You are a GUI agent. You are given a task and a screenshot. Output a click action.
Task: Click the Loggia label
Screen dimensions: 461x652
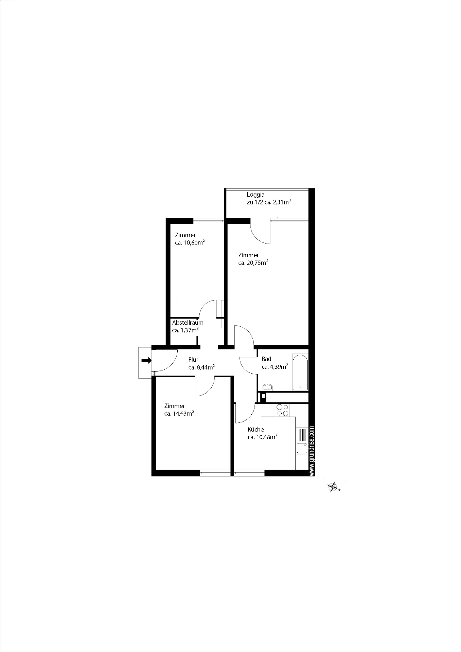(x=255, y=195)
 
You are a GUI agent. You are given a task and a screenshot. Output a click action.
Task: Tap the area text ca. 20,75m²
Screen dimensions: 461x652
(x=253, y=263)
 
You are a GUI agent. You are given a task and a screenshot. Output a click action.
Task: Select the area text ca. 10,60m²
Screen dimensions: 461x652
(x=190, y=243)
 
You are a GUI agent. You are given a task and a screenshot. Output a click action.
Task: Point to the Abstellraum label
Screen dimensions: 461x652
(x=188, y=323)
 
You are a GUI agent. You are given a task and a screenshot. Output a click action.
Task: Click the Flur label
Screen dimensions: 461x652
(x=193, y=360)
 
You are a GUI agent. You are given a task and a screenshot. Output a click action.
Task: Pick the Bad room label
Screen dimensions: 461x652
(x=266, y=359)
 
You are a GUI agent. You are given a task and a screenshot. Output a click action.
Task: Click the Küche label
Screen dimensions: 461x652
(x=256, y=430)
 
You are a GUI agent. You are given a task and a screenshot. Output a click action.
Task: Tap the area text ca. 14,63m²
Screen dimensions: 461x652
(x=179, y=414)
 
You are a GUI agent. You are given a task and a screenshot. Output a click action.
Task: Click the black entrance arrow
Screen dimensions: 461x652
(x=146, y=360)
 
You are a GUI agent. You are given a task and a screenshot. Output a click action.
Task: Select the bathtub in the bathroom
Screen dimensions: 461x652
(x=300, y=373)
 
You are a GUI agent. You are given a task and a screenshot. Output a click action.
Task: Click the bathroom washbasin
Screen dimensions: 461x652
(x=268, y=387)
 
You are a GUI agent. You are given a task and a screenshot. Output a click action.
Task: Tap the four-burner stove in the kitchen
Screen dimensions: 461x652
(x=282, y=410)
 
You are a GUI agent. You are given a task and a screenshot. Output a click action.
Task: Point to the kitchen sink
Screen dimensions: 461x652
(x=302, y=448)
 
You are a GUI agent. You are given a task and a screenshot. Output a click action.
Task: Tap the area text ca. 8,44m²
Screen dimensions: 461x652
(x=201, y=367)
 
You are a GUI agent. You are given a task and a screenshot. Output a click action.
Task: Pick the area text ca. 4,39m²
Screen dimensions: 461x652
(x=275, y=367)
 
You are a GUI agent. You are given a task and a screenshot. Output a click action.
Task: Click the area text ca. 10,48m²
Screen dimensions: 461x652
(x=263, y=437)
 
